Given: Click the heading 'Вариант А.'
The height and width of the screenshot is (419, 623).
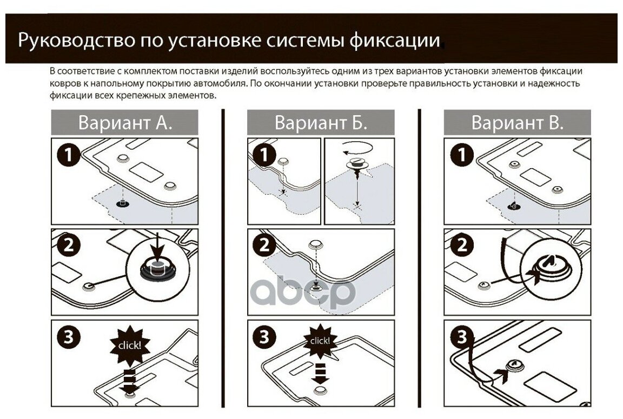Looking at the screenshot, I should pyautogui.click(x=125, y=122).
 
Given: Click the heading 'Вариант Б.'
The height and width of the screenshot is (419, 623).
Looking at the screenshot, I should pyautogui.click(x=321, y=122).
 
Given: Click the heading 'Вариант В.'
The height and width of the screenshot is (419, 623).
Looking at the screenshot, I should pyautogui.click(x=517, y=122).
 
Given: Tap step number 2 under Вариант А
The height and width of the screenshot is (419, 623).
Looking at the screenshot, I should pyautogui.click(x=68, y=246).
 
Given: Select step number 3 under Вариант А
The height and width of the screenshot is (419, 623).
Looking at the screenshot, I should pyautogui.click(x=68, y=337).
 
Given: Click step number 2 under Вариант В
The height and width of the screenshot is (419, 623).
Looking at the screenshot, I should pyautogui.click(x=461, y=246).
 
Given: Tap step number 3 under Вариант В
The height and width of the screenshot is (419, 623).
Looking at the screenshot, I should pyautogui.click(x=461, y=337).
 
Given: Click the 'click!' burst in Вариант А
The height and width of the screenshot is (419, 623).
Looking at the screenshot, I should pyautogui.click(x=130, y=344).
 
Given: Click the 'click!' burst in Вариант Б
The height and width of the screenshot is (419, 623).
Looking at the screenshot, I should pyautogui.click(x=320, y=341).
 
